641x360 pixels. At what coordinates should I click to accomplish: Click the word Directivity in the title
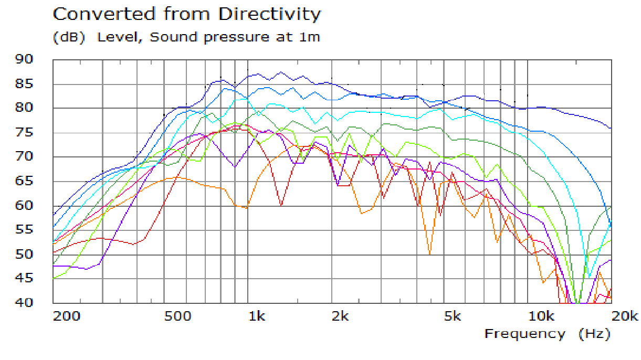(269, 14)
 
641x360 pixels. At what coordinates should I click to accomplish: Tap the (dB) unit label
(68, 38)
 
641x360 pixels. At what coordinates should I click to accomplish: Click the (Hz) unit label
(595, 334)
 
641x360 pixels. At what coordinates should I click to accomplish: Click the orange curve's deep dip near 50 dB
(430, 253)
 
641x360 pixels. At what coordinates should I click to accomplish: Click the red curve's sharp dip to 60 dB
(282, 205)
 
